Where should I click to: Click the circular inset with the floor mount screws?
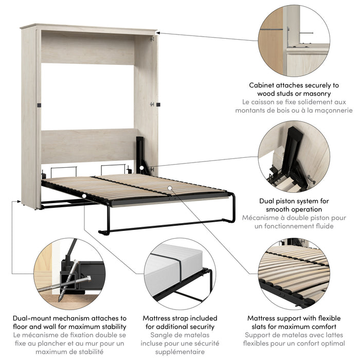click(69, 273)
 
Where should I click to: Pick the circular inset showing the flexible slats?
click(294, 273)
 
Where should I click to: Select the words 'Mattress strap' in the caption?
click(165, 318)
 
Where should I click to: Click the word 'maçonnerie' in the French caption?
click(333, 110)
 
